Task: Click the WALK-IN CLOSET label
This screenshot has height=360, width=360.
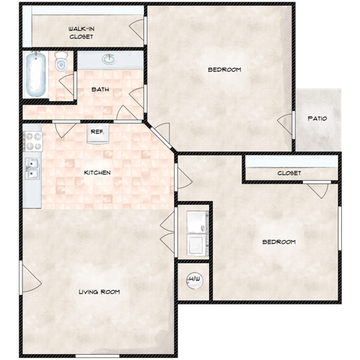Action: (81, 33)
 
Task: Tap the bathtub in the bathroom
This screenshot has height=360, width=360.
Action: (36, 74)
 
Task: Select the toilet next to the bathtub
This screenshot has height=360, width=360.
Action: (61, 61)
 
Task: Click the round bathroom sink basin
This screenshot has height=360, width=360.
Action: (109, 59)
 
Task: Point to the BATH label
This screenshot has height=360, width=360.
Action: (100, 89)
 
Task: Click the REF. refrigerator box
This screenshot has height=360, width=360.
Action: (97, 133)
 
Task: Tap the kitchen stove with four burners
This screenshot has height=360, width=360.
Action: (33, 141)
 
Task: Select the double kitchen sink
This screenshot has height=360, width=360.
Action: (32, 169)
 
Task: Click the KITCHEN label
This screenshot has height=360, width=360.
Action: (97, 172)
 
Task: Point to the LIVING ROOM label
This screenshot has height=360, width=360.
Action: (99, 292)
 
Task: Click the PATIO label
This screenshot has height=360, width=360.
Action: (317, 118)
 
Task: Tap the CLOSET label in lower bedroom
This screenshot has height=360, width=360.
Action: (289, 173)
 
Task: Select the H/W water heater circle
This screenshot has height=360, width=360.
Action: (194, 280)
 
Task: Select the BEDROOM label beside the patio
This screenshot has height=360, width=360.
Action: (224, 70)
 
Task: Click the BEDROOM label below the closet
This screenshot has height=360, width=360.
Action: (279, 241)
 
